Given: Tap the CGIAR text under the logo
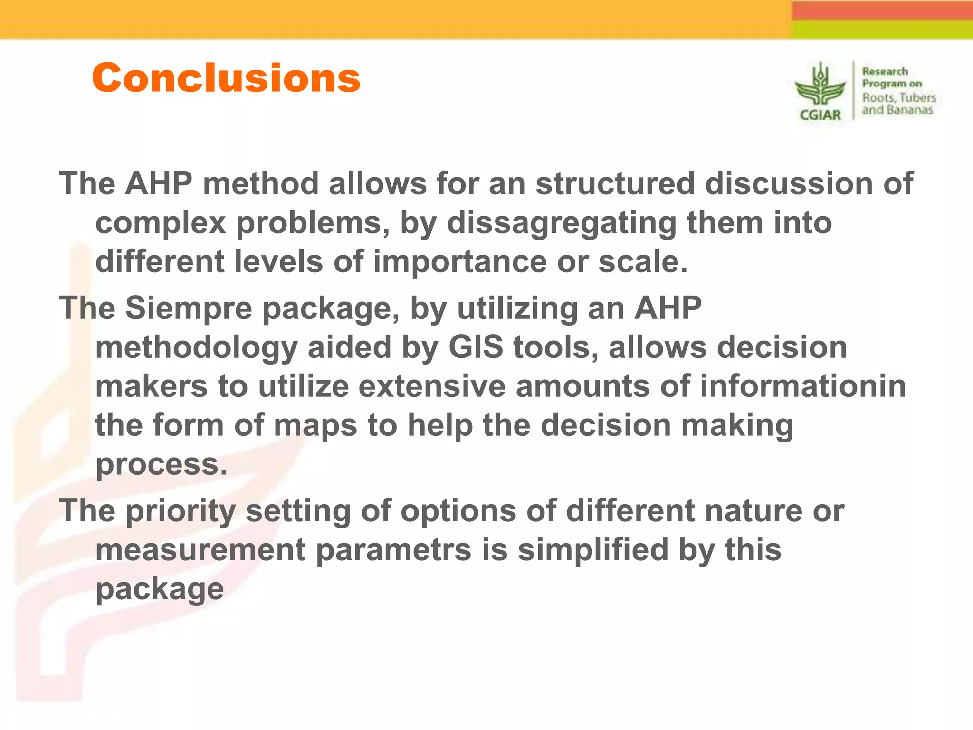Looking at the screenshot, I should [820, 115].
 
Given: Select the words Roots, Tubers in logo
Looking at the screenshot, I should [899, 97].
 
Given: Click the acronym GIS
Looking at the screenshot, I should [476, 347].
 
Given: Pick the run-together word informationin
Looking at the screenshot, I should [803, 386].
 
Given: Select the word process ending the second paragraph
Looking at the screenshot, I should [162, 465].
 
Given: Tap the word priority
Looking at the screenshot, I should [181, 511].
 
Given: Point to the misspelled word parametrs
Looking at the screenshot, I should [393, 550].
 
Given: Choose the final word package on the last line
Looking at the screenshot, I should [160, 589].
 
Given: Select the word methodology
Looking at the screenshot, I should [197, 348].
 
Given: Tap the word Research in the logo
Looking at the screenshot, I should [885, 72].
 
